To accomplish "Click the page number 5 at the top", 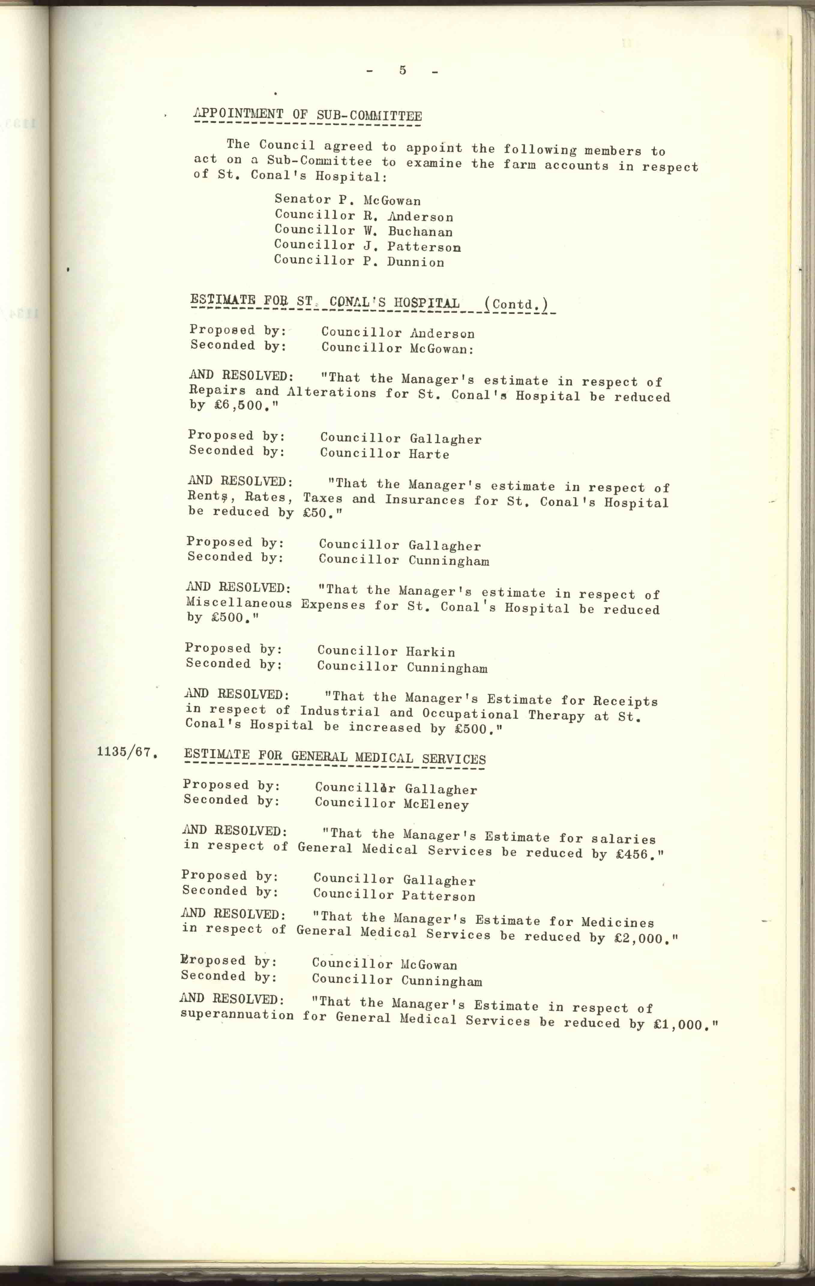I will [402, 70].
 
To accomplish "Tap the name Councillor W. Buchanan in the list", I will [364, 231].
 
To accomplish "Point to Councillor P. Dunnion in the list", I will [359, 261].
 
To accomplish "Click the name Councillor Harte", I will [384, 454].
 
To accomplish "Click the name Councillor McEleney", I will [392, 804].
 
